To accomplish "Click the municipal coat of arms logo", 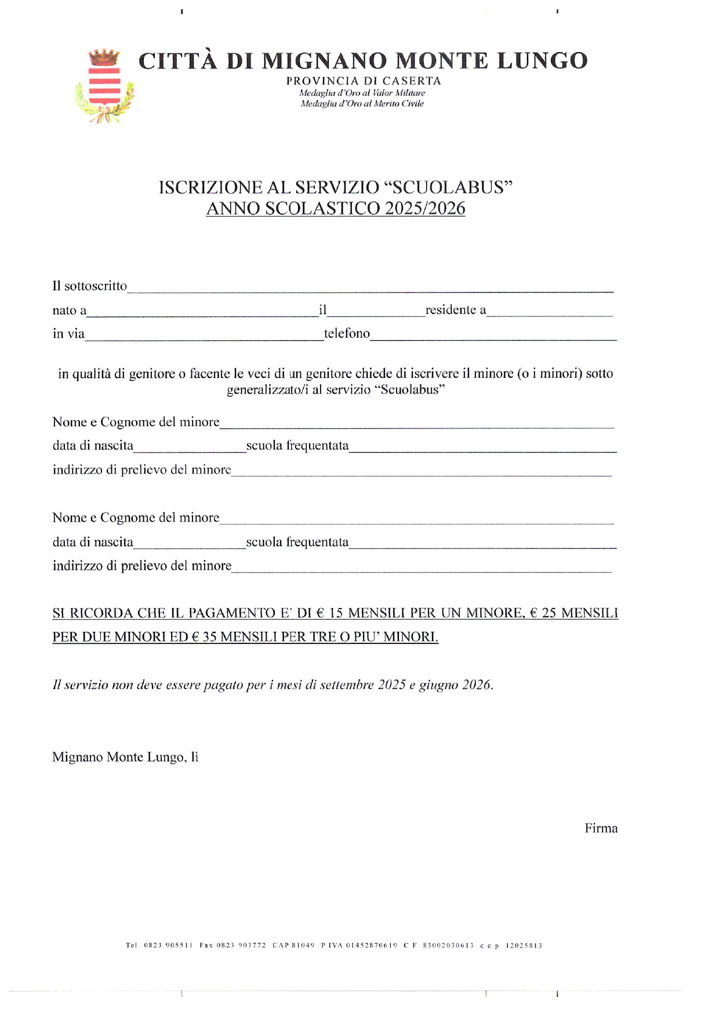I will (x=104, y=86).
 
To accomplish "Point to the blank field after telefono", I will (x=493, y=334).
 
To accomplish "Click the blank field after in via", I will (x=204, y=334).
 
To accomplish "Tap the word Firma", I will (x=601, y=828).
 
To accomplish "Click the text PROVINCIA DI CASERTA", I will (x=364, y=81).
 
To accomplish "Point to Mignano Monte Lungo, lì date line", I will (x=125, y=757).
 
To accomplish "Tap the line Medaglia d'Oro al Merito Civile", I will (x=362, y=104).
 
